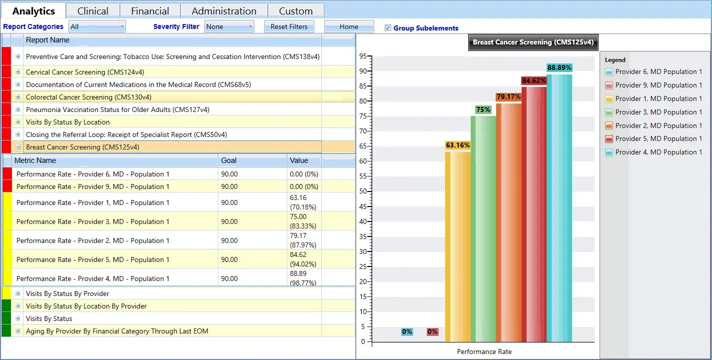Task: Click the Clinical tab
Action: point(93,11)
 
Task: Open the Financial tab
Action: point(150,11)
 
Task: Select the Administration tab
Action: point(224,11)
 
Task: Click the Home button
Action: point(349,27)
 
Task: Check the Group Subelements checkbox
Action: point(388,28)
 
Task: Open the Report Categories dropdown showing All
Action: point(97,26)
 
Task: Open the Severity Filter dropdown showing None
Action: point(229,26)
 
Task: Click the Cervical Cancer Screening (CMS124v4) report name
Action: point(65,72)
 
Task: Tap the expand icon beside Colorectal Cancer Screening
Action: point(18,97)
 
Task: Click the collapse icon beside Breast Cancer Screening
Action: point(18,147)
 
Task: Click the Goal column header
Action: point(229,160)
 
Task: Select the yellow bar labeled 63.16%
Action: point(458,245)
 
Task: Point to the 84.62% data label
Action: point(534,80)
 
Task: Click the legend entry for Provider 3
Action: point(658,112)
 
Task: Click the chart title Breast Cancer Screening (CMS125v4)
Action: point(533,42)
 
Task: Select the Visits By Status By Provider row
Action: point(67,293)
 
